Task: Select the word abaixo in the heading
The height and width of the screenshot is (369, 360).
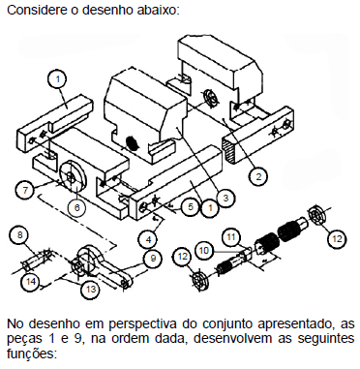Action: pos(158,10)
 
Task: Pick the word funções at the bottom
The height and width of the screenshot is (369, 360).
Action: pos(32,354)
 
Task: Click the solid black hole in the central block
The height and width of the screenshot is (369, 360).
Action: pos(132,142)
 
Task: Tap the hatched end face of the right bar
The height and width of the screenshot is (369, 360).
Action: pos(229,149)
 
